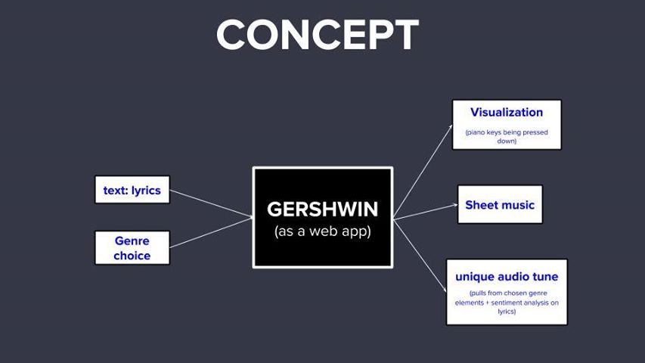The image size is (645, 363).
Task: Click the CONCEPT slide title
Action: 318,35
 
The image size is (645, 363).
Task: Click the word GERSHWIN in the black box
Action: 322,209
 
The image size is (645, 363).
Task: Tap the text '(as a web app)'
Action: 322,231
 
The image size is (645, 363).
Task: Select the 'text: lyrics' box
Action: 132,190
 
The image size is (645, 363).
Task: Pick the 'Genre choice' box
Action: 132,248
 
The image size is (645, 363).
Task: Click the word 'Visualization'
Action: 506,112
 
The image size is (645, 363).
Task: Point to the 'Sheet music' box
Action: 500,204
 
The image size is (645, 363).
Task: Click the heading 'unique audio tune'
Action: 507,277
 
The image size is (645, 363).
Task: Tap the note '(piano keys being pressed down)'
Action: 506,136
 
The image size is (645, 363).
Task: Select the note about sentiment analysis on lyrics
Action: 507,302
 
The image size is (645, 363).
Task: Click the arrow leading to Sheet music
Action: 425,212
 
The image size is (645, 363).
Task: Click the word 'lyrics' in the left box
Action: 146,190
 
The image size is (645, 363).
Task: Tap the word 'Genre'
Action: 132,240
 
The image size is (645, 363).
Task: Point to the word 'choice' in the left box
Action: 132,256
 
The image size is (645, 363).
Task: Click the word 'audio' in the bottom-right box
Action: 516,277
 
